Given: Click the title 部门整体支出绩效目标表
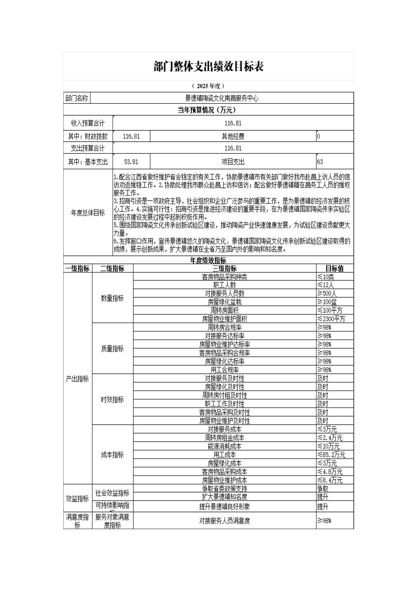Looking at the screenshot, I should click(208, 67).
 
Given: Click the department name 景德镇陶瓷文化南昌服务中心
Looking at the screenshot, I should click(221, 98).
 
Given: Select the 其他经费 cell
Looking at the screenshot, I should click(233, 136).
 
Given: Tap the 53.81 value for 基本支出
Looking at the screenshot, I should click(131, 162).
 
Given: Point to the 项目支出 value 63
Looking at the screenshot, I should click(320, 162).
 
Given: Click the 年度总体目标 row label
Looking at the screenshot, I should click(88, 213).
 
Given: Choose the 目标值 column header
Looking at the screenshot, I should click(334, 269).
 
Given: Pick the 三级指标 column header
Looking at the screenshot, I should click(224, 269).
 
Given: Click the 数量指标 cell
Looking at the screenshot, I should click(112, 298).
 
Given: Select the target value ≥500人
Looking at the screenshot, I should click(327, 294).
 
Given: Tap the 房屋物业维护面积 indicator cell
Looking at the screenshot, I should click(224, 319).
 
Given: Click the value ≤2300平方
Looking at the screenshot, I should click(331, 319).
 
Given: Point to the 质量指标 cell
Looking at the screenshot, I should click(112, 349).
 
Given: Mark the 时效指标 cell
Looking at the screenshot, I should click(112, 400).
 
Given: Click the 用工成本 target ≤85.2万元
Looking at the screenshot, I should click(331, 455).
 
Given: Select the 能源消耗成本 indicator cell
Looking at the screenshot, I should click(224, 446).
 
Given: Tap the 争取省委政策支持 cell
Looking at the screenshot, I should click(224, 489).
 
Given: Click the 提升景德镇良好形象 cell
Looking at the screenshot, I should click(224, 507).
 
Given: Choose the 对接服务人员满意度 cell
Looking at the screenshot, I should click(224, 521).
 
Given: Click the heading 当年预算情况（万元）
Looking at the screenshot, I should click(208, 110).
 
